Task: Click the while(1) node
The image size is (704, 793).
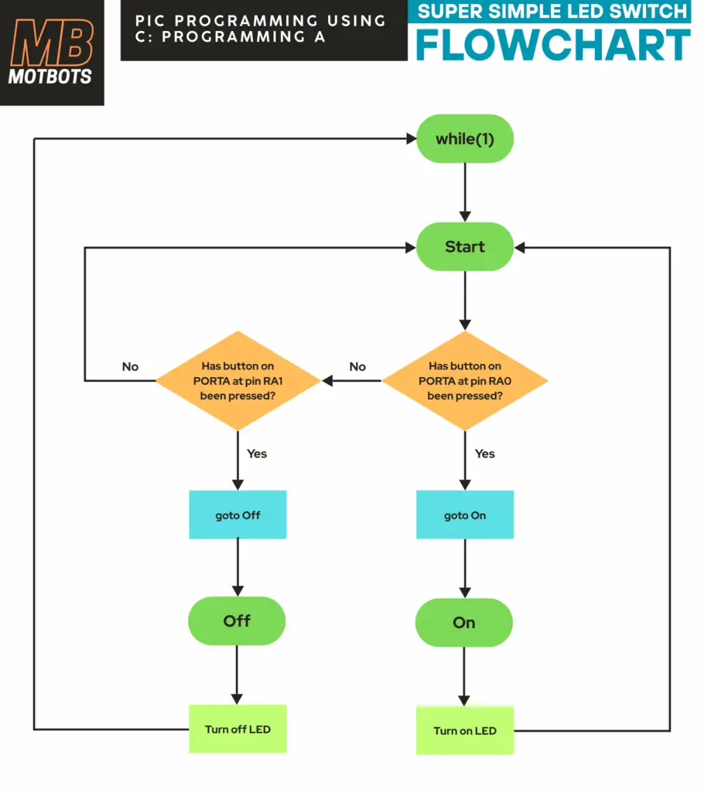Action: [x=464, y=139]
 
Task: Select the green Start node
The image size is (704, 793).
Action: [x=465, y=247]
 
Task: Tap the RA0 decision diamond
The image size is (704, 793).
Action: [x=465, y=380]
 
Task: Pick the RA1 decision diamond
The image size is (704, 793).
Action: [x=238, y=380]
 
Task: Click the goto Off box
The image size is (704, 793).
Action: [x=238, y=515]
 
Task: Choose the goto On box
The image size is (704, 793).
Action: [x=465, y=515]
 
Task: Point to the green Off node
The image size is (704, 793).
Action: [x=237, y=621]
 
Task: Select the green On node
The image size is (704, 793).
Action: [x=464, y=623]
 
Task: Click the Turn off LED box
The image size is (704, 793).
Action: [x=238, y=729]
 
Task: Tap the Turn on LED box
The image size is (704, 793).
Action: [x=465, y=730]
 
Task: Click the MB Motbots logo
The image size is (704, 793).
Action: [x=51, y=53]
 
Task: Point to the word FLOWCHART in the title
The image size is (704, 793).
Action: [x=552, y=45]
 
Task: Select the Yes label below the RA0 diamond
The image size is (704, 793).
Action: [x=485, y=453]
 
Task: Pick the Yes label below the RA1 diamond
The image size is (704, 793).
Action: [x=257, y=453]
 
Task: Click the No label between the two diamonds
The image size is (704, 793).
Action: [x=357, y=366]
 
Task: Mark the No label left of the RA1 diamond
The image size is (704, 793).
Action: [x=130, y=366]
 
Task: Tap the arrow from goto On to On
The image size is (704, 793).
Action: [x=465, y=568]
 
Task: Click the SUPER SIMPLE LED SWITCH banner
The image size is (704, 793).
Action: [x=552, y=12]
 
